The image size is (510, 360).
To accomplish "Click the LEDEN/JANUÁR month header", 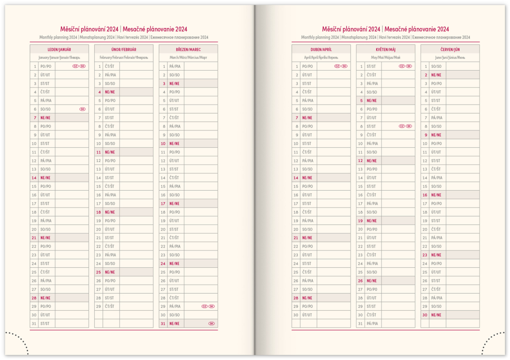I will pyautogui.click(x=59, y=49).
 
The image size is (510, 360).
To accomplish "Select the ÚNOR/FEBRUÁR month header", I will pyautogui.click(x=124, y=49).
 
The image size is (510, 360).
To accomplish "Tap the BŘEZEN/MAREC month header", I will pyautogui.click(x=188, y=49).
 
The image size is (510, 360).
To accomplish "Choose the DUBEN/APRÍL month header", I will pyautogui.click(x=321, y=49).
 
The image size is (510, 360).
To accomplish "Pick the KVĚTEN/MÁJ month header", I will pyautogui.click(x=385, y=49).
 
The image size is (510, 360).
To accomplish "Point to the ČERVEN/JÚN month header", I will pyautogui.click(x=450, y=49).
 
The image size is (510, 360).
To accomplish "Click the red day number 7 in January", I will pyautogui.click(x=35, y=118).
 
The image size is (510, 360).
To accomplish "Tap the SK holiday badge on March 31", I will pyautogui.click(x=212, y=323).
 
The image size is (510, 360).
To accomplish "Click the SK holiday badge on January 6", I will pyautogui.click(x=82, y=109).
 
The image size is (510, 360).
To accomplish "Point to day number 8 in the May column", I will pyautogui.click(x=361, y=126).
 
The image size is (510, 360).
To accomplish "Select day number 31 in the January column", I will pyautogui.click(x=34, y=323).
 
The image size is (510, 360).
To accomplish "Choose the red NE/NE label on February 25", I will pyautogui.click(x=110, y=272).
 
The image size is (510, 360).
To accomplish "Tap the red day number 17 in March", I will pyautogui.click(x=163, y=203).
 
